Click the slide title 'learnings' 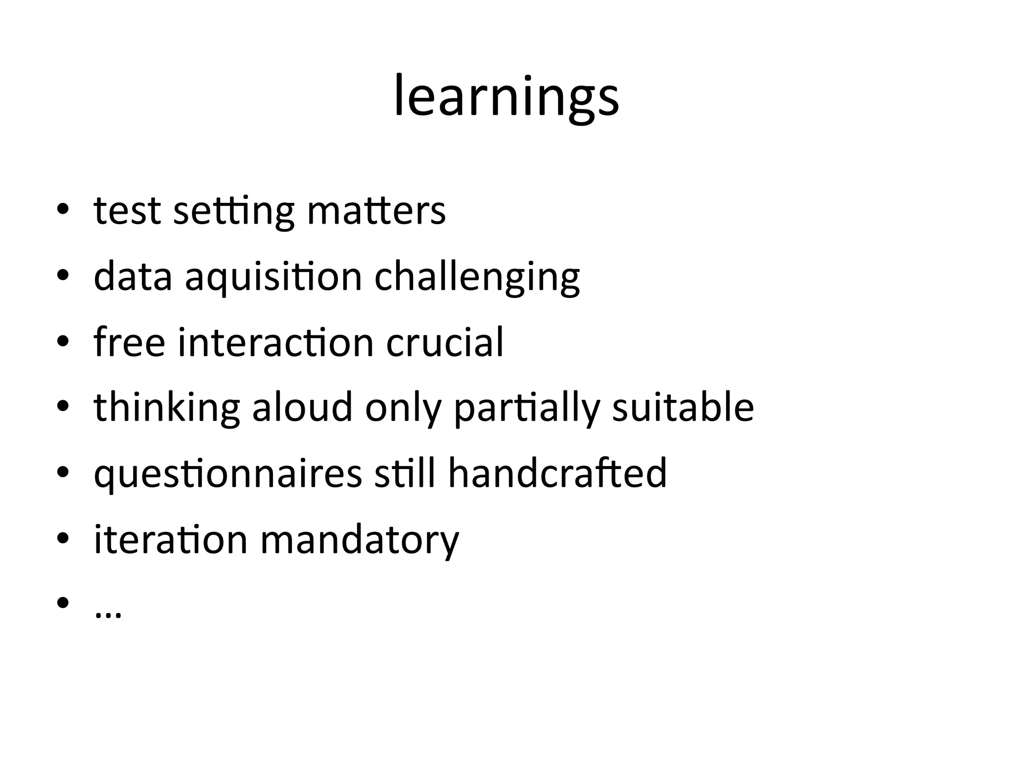pos(506,96)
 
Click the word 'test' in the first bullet pos(127,211)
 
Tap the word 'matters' pos(376,211)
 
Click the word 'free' pos(129,342)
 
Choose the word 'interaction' pos(276,342)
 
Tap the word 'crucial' pos(444,342)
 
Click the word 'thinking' pos(167,408)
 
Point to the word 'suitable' pos(683,407)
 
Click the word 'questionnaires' pos(228,474)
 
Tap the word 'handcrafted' pos(557,473)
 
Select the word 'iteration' pos(170,539)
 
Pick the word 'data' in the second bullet pos(133,277)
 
